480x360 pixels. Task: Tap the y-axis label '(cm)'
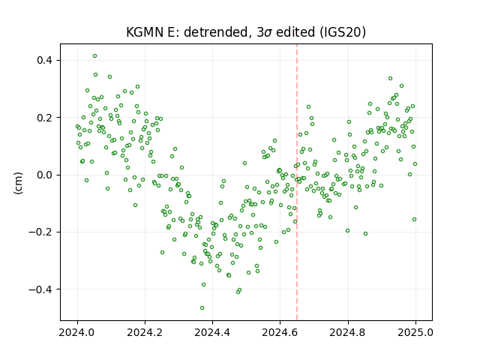tap(18, 183)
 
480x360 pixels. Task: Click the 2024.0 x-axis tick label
tap(77, 332)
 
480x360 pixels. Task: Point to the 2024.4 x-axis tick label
tap(212, 332)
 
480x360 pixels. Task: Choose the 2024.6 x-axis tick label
tap(280, 332)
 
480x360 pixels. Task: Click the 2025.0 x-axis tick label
tap(415, 332)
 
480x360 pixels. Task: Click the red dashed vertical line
tap(297, 182)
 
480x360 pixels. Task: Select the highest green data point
tap(95, 56)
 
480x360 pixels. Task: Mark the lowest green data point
tap(202, 308)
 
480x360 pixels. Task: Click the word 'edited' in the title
tap(295, 32)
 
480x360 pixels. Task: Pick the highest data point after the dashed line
tap(390, 78)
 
